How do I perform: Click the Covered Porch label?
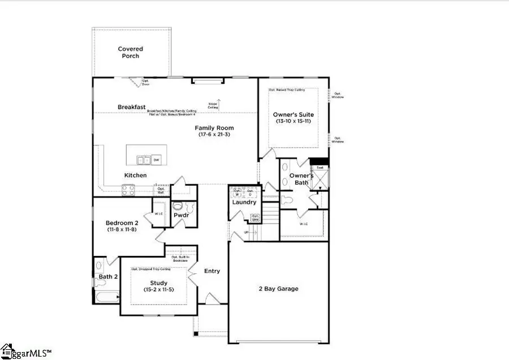(x=130, y=53)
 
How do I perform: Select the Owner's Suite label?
(x=293, y=115)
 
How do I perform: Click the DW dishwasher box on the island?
(x=156, y=160)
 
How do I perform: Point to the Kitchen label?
(x=135, y=175)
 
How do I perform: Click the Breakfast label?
(x=132, y=107)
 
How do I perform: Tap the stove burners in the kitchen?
(x=128, y=190)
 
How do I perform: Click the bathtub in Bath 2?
(x=106, y=297)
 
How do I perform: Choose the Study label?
(x=158, y=283)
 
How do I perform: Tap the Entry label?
(x=212, y=271)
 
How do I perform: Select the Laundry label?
(x=244, y=202)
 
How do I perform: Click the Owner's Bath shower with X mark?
(x=321, y=180)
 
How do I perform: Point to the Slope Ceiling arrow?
(x=219, y=103)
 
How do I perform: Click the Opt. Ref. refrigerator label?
(x=161, y=191)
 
